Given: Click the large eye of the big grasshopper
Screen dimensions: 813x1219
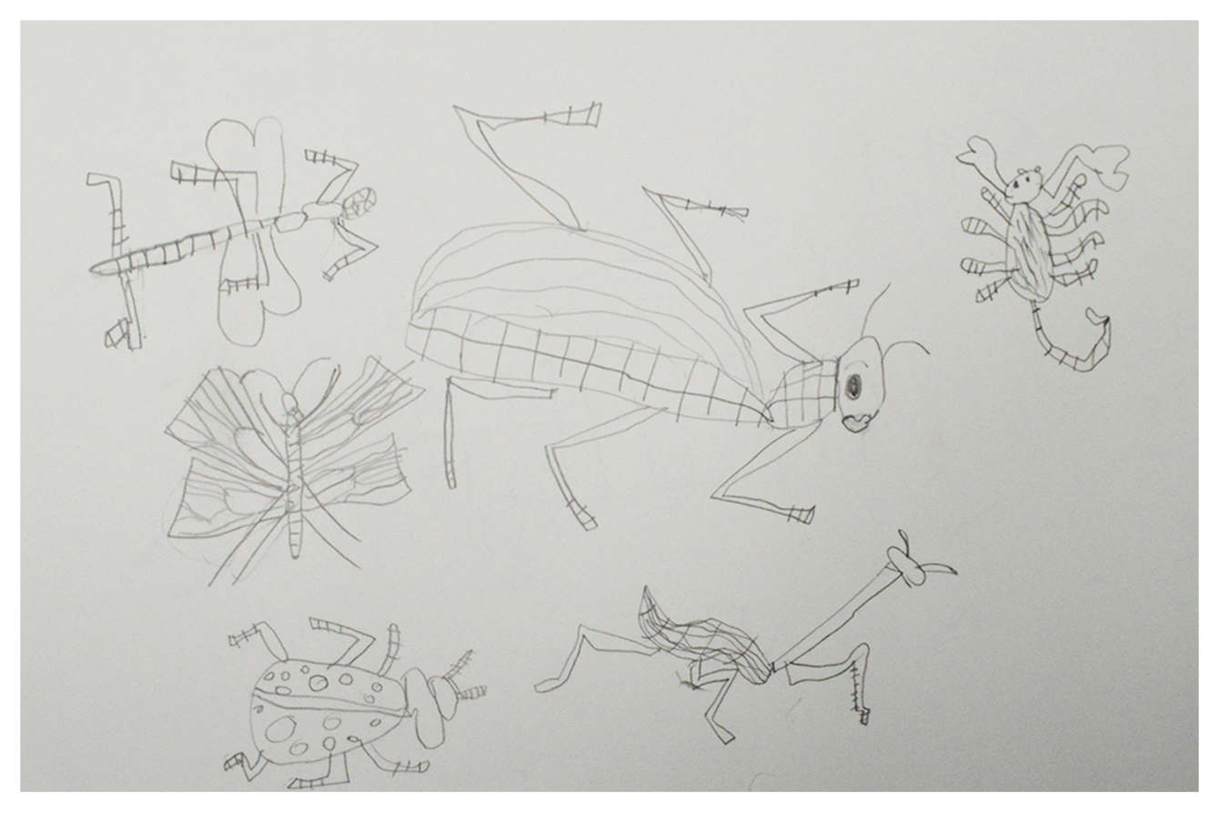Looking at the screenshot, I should click(854, 387).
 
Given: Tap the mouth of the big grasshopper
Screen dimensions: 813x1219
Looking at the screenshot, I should click(856, 422).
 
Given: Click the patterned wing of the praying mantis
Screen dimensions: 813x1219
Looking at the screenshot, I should click(710, 637).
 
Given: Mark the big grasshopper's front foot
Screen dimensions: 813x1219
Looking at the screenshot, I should click(801, 514).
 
